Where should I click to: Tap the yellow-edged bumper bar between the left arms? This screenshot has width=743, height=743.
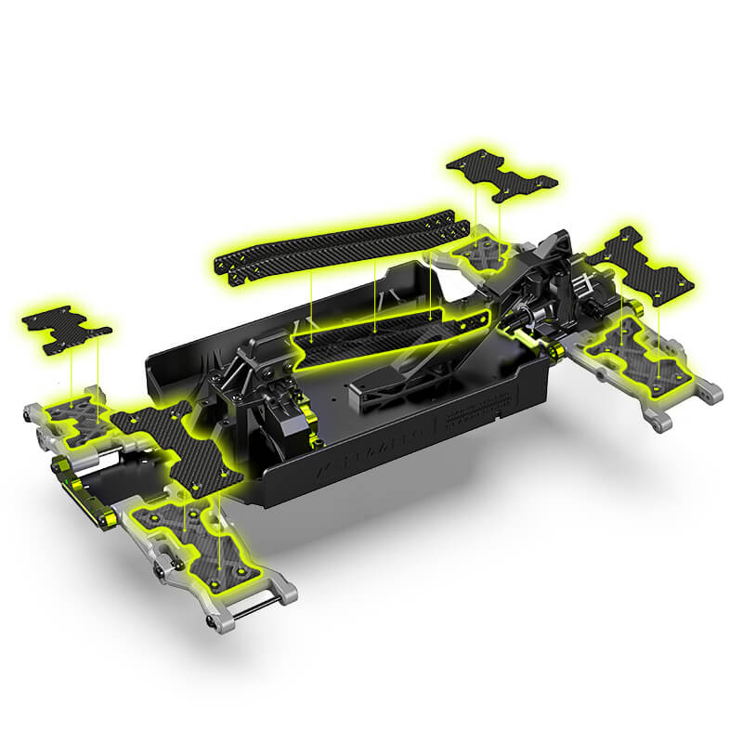(84, 483)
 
